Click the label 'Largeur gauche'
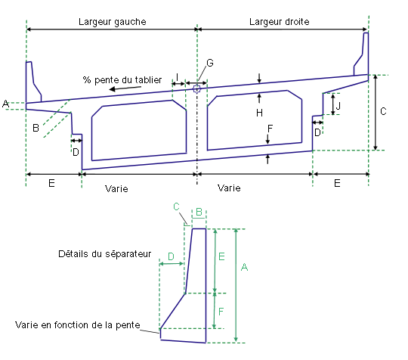[x=113, y=22]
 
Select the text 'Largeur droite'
[x=280, y=22]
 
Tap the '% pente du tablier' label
[x=122, y=79]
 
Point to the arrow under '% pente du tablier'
[x=125, y=88]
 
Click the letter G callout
[x=210, y=63]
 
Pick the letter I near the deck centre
[x=178, y=77]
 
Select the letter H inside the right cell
[x=259, y=113]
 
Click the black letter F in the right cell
[x=270, y=129]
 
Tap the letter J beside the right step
[x=338, y=106]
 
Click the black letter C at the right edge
[x=383, y=111]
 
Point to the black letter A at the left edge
[x=5, y=104]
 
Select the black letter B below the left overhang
[x=36, y=128]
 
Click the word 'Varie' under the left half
[x=116, y=188]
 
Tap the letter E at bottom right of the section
[x=337, y=183]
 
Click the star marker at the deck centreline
[x=197, y=89]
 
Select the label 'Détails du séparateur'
[x=104, y=254]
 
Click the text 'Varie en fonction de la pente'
[x=78, y=325]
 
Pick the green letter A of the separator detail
[x=244, y=267]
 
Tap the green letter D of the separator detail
[x=171, y=256]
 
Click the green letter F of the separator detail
[x=221, y=312]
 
